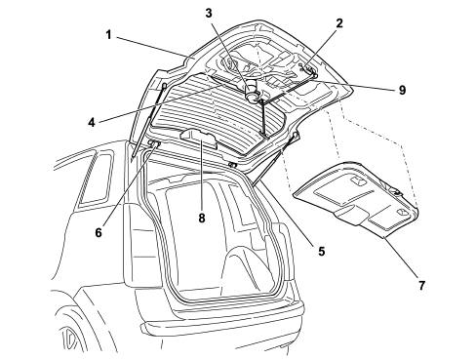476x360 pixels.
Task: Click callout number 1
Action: (108, 35)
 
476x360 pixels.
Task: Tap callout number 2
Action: (339, 23)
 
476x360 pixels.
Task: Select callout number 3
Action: (209, 14)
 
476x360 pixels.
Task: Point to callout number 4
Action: (92, 123)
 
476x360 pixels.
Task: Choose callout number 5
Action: (322, 251)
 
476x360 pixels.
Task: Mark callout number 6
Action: (99, 232)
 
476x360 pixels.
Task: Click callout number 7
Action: (421, 286)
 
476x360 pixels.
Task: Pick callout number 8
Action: (202, 218)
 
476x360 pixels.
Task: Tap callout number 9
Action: (403, 90)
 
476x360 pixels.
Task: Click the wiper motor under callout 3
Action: (252, 93)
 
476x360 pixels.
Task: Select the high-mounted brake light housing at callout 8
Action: (198, 139)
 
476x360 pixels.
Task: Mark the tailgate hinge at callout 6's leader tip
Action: (154, 143)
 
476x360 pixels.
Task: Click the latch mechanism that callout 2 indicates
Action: (308, 69)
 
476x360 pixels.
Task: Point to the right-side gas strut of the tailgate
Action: (275, 158)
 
